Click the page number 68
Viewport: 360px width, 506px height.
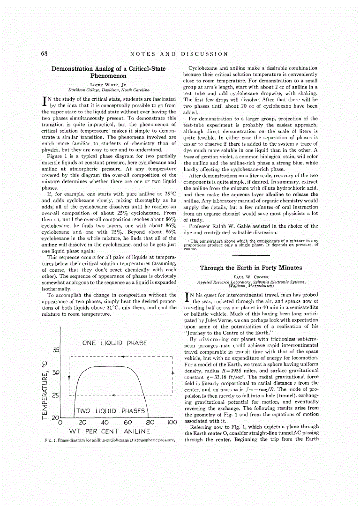(x=45, y=54)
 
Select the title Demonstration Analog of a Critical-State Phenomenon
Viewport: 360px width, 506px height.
(x=108, y=72)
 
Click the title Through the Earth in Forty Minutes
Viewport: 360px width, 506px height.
(x=251, y=268)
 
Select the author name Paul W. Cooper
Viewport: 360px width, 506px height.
(x=250, y=277)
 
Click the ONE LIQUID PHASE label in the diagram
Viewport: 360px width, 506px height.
(x=114, y=343)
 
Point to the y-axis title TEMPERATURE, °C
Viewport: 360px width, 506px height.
(x=45, y=385)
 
